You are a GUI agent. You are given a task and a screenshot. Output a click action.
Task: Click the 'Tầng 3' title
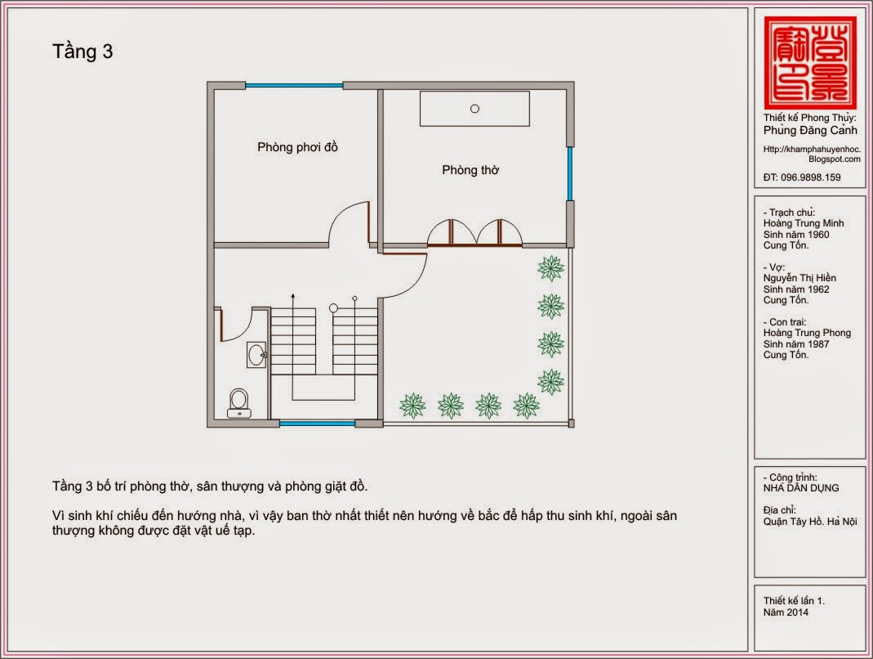[x=82, y=52]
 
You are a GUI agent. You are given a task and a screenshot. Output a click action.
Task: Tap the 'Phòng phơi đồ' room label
[x=297, y=147]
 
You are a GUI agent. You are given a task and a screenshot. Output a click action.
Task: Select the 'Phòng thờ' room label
[x=470, y=169]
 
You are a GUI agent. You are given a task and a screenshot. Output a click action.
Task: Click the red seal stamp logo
[x=810, y=62]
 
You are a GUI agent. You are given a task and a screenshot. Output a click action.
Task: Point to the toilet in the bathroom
[x=239, y=403]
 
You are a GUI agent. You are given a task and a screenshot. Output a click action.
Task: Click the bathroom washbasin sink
[x=256, y=355]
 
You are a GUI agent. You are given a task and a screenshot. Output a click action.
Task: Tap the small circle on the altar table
[x=474, y=109]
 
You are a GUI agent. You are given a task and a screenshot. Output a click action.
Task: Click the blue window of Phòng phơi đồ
[x=294, y=85]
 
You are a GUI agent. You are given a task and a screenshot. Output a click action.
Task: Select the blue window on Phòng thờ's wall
[x=569, y=173]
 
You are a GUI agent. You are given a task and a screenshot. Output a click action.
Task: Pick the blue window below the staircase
[x=317, y=424]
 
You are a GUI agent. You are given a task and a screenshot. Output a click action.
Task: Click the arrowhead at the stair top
[x=293, y=295]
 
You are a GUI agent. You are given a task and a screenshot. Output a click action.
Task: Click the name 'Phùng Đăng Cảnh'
[x=810, y=131]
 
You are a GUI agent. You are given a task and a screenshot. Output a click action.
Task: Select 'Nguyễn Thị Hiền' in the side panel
[x=800, y=278]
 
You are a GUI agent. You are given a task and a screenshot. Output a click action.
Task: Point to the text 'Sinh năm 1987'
[x=796, y=344]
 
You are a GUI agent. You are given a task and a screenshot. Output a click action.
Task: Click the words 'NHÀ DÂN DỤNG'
[x=801, y=488]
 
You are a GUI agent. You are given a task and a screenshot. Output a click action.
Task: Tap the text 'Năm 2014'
[x=786, y=612]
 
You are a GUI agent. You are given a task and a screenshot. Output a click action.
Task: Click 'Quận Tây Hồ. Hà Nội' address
[x=810, y=522]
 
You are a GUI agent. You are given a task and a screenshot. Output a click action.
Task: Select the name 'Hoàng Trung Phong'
[x=808, y=333]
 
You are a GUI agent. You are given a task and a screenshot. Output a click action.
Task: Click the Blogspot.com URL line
[x=835, y=159]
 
